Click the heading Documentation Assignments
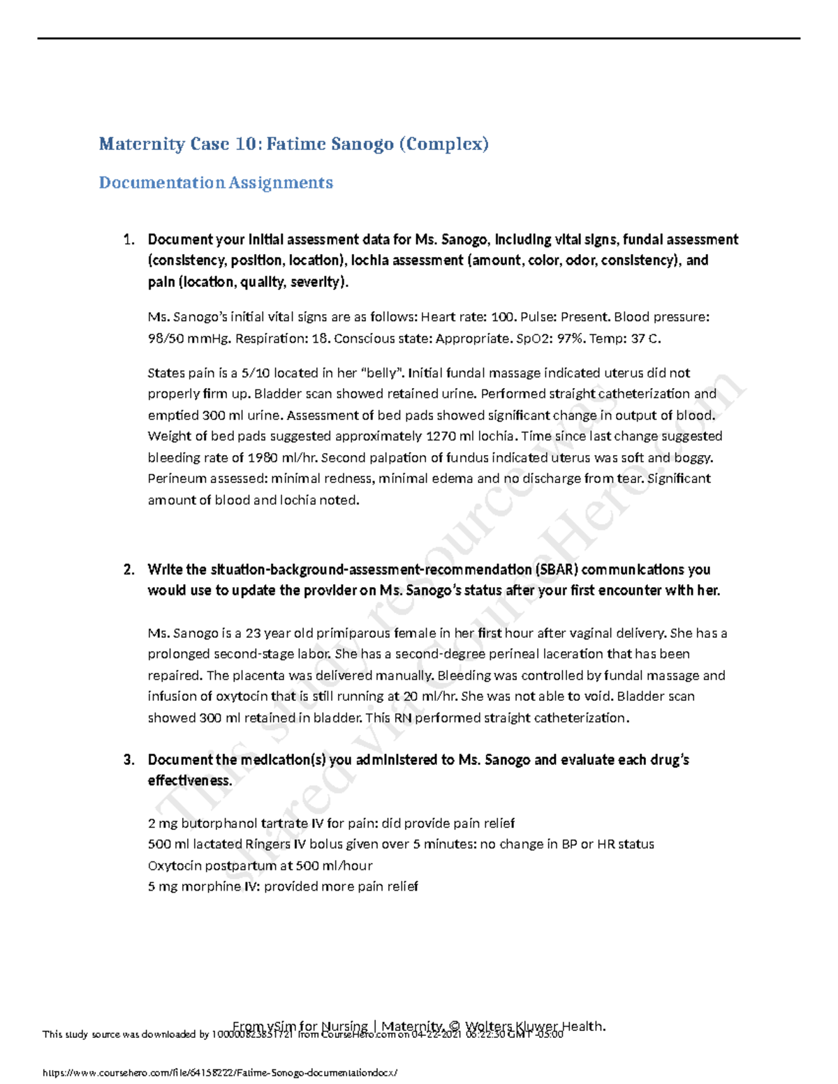click(216, 183)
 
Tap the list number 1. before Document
click(128, 240)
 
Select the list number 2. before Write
click(128, 570)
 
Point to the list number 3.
click(128, 760)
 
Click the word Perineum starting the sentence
click(175, 480)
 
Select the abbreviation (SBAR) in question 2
click(557, 570)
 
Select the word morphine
click(198, 887)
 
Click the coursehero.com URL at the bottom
click(220, 1073)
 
